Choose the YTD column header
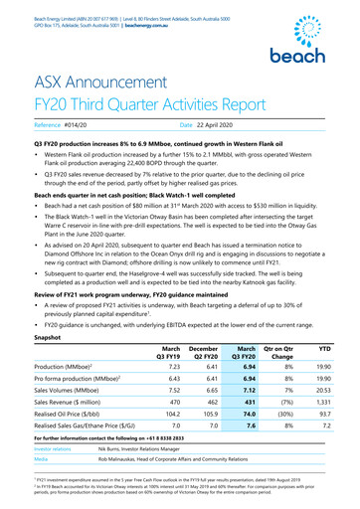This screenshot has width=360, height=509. pyautogui.click(x=323, y=351)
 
